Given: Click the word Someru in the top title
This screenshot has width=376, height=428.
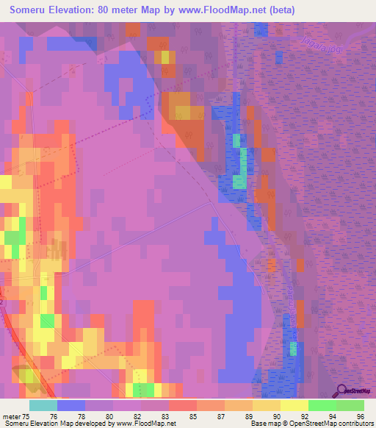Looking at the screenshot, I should (30, 10).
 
